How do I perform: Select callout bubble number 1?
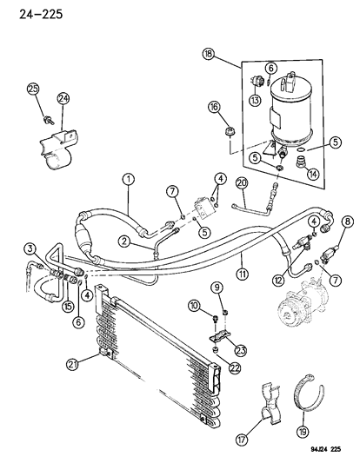(128, 181)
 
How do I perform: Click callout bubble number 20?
(242, 183)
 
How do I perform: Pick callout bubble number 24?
(63, 98)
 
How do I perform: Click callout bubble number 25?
(33, 89)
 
